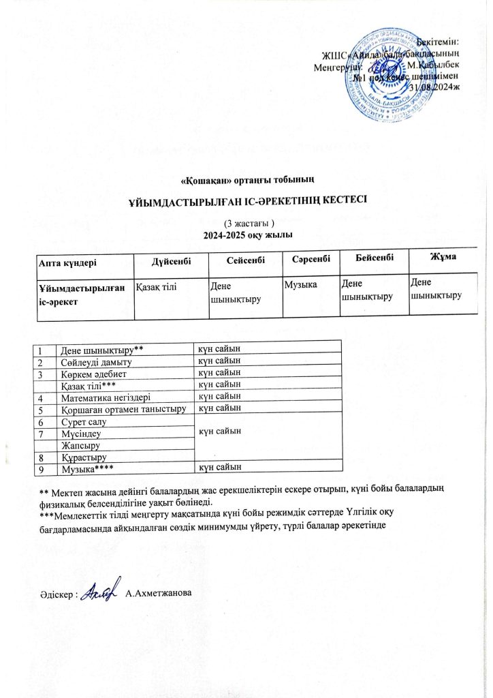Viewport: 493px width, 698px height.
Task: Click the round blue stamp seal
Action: (x=388, y=72)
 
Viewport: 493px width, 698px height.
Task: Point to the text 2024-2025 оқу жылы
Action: (x=248, y=236)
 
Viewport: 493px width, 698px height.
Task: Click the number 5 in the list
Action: (x=41, y=409)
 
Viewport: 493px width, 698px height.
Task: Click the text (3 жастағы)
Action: (x=248, y=224)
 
